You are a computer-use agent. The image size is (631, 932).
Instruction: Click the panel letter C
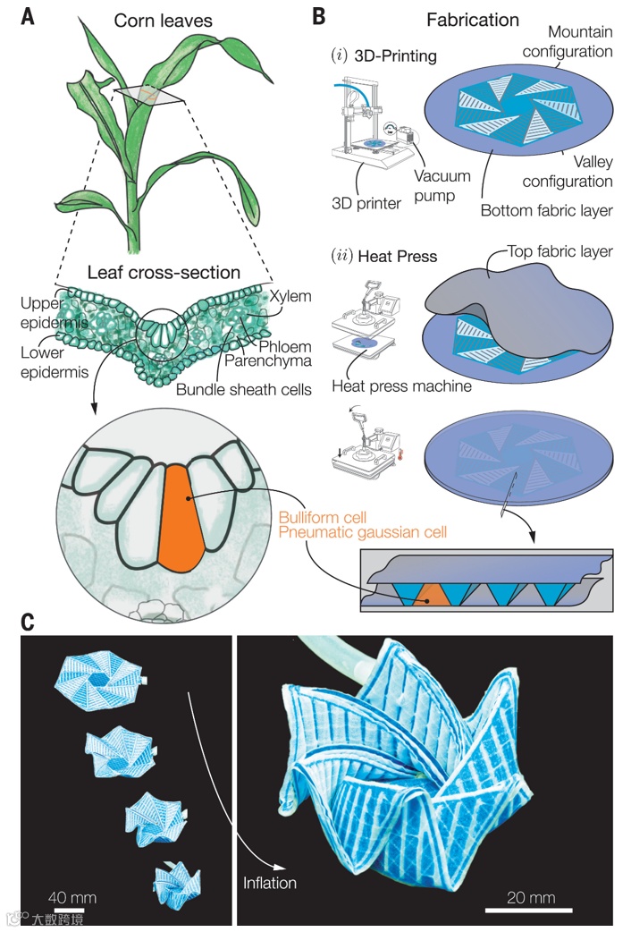[29, 621]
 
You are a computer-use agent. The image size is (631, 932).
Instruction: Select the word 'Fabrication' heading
[473, 19]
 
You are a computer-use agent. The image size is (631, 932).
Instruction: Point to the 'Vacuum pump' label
[441, 185]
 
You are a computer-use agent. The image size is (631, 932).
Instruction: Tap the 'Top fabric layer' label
[559, 251]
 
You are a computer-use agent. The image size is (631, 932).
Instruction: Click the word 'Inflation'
[269, 882]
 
